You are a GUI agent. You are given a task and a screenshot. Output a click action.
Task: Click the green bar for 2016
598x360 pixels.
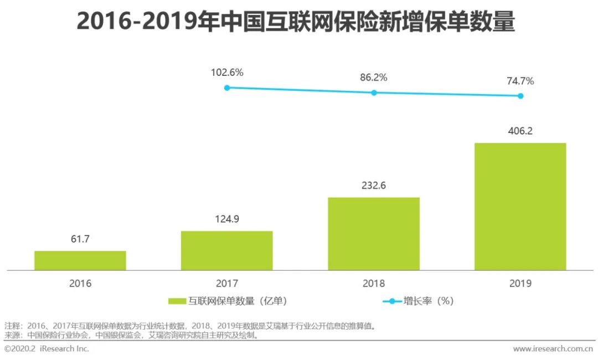80,260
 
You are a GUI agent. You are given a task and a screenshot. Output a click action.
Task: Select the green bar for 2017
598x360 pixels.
227,250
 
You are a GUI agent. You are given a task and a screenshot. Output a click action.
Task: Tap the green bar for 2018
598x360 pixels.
374,234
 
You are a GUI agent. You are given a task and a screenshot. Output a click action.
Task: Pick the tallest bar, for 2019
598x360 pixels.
520,207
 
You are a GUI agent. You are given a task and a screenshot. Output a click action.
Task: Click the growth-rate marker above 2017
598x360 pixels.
227,88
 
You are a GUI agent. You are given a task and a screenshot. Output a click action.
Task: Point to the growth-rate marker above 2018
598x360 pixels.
374,92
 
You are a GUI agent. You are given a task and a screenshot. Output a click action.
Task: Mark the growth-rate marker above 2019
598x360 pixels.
520,96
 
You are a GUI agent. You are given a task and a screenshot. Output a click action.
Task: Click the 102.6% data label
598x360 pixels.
227,73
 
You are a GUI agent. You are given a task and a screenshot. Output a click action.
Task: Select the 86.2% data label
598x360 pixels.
374,78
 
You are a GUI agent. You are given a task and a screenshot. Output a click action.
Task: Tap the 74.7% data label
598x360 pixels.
520,81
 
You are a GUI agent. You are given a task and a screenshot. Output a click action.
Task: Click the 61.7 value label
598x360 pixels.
80,239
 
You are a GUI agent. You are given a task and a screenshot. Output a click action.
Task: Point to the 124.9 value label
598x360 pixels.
227,219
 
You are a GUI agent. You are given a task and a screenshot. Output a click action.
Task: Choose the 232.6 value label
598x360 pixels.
374,186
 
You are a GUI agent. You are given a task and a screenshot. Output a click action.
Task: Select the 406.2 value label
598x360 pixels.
520,131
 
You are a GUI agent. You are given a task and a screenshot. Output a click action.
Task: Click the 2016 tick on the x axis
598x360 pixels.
80,283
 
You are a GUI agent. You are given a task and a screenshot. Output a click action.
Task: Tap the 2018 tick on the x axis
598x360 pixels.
374,283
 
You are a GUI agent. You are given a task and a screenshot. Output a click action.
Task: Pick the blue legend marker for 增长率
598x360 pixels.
392,301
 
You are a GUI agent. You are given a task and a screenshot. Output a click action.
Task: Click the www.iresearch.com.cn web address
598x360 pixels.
553,349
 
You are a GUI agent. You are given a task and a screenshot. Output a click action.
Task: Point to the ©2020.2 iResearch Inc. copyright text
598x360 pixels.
47,349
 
